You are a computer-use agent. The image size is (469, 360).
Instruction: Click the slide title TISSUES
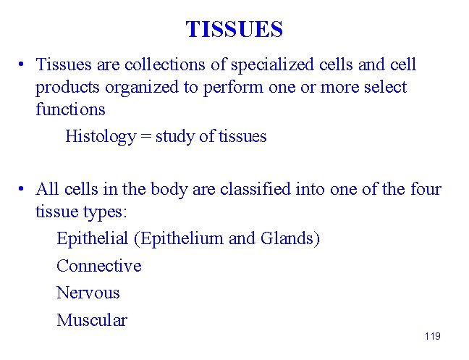(234, 30)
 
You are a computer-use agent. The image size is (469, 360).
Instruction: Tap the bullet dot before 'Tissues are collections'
(24, 64)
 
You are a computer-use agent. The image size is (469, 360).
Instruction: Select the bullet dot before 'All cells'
(24, 190)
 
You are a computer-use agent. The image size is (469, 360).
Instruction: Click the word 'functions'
(70, 110)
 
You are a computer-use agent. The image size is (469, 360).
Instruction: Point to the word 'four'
(423, 190)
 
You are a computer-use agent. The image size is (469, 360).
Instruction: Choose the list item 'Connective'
(98, 266)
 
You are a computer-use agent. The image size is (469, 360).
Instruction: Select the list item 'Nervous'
(88, 293)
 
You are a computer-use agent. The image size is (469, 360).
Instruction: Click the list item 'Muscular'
(91, 320)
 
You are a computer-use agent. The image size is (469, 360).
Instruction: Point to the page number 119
(433, 336)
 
